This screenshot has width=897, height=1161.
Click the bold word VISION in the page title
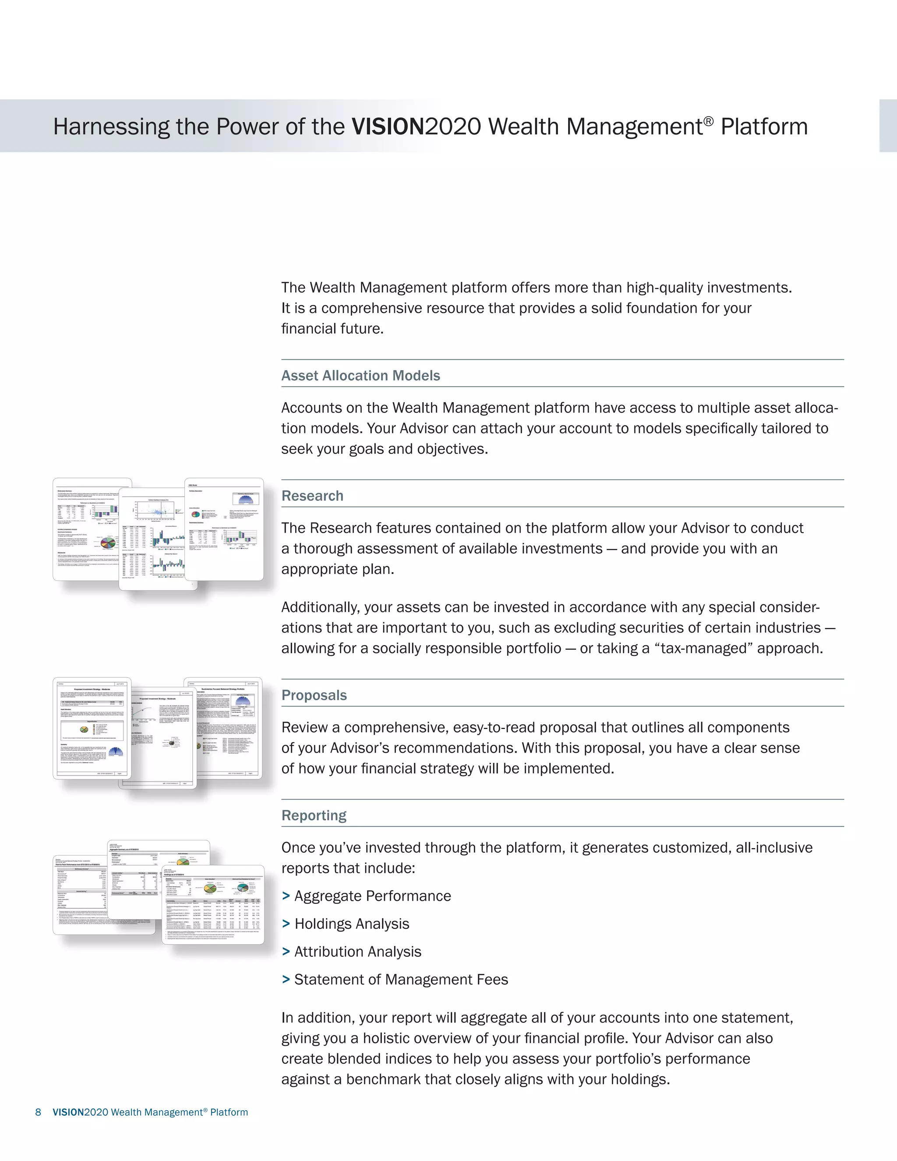point(388,127)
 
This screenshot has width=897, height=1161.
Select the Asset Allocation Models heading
point(360,375)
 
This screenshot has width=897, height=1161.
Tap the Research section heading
point(312,496)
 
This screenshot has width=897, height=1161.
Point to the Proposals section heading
point(314,695)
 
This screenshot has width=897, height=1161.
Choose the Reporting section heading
point(314,815)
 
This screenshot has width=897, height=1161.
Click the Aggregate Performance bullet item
point(372,896)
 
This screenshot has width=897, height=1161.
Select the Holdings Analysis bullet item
point(351,924)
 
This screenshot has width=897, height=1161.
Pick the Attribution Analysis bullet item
point(357,952)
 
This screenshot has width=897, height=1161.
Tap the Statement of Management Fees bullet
point(401,979)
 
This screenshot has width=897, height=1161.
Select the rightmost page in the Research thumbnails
point(224,529)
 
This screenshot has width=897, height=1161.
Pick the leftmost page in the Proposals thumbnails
point(92,728)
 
